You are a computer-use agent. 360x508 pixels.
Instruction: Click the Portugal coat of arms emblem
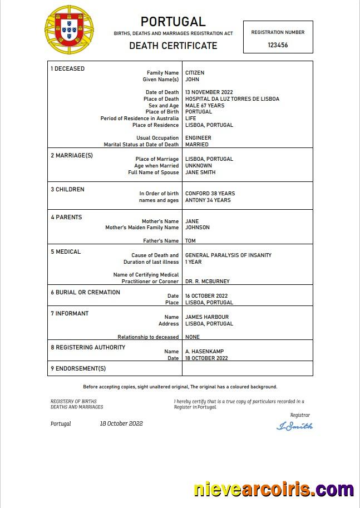(70, 29)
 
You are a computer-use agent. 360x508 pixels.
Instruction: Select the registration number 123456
(278, 45)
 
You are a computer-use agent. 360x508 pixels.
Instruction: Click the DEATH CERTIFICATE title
(173, 46)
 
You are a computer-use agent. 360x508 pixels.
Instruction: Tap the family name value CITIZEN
(195, 73)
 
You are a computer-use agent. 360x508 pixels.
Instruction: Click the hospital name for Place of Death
(232, 99)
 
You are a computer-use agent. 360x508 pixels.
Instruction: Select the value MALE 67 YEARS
(205, 106)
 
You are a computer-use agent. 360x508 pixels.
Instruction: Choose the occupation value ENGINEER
(198, 138)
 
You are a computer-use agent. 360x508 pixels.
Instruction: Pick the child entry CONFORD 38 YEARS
(210, 194)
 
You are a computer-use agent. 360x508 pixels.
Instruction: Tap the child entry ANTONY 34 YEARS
(208, 200)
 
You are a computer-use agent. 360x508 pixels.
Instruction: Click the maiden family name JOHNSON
(198, 228)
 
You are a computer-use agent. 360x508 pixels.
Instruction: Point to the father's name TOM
(190, 241)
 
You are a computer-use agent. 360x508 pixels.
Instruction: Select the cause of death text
(228, 255)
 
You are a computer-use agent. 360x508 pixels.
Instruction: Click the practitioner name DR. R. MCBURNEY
(207, 282)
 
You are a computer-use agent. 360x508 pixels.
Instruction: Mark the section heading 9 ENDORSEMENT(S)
(78, 368)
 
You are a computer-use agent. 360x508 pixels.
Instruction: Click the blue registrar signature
(294, 426)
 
